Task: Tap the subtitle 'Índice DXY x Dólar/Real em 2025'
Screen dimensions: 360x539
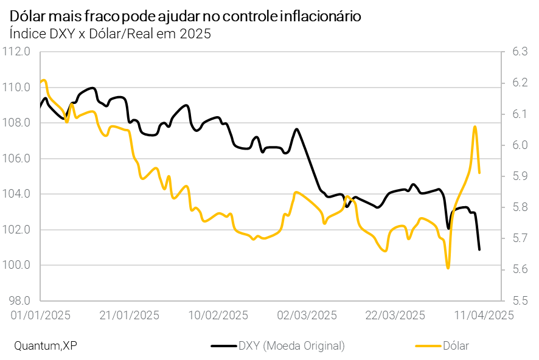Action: click(x=110, y=34)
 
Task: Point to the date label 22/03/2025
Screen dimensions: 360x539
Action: click(x=395, y=315)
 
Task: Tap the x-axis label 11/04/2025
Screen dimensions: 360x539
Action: click(x=484, y=315)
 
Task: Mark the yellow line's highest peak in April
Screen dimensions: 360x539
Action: click(x=475, y=126)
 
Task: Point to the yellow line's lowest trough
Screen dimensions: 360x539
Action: click(x=448, y=268)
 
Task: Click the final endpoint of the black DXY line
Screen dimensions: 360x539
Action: click(x=479, y=249)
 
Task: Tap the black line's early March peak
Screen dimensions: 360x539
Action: click(x=296, y=129)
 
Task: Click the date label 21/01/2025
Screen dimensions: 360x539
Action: click(x=129, y=315)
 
